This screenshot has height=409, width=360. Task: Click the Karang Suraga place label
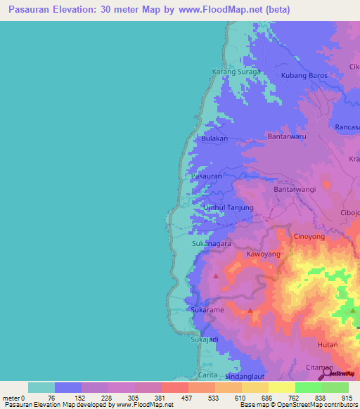coord(237,72)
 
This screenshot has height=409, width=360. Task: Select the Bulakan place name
coord(214,139)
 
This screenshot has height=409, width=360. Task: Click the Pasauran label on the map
coord(207,176)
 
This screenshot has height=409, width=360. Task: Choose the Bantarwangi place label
coord(295,190)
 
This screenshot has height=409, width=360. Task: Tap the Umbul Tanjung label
coord(229,208)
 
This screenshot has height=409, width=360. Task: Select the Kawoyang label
coord(264,254)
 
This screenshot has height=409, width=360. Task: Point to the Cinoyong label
coord(309,237)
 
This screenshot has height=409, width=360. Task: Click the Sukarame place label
coord(207,309)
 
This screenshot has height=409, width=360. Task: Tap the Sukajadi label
coord(205,340)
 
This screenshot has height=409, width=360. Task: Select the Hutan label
coord(328,345)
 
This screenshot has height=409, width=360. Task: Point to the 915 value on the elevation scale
coord(346,398)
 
